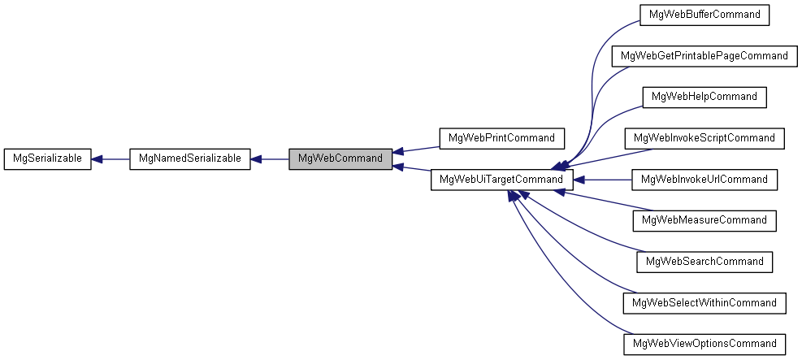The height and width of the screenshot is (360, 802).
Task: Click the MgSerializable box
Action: pyautogui.click(x=46, y=159)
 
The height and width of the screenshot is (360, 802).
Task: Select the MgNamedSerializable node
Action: pyautogui.click(x=190, y=159)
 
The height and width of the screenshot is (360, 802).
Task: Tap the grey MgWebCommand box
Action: pyautogui.click(x=340, y=158)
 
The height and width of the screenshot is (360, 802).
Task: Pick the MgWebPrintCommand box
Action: pyautogui.click(x=502, y=138)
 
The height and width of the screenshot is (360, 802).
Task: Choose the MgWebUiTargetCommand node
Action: pyautogui.click(x=502, y=180)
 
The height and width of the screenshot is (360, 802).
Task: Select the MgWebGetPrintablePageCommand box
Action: pyautogui.click(x=704, y=56)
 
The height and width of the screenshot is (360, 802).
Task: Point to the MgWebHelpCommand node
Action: pyautogui.click(x=704, y=97)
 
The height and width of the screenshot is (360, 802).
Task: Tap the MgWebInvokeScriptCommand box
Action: pyautogui.click(x=704, y=138)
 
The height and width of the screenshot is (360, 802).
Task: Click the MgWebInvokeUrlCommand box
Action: pyautogui.click(x=704, y=180)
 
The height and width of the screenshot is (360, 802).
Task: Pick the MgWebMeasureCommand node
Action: pyautogui.click(x=704, y=220)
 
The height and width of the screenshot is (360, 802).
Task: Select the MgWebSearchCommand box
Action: pyautogui.click(x=704, y=262)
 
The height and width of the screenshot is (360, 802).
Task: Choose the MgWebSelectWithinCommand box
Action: pyautogui.click(x=704, y=303)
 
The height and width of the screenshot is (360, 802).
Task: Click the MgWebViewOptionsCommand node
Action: pyautogui.click(x=704, y=344)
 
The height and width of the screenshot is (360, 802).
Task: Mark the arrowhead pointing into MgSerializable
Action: pyautogui.click(x=96, y=159)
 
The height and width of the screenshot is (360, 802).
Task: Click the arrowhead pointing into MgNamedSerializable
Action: pyautogui.click(x=256, y=159)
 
